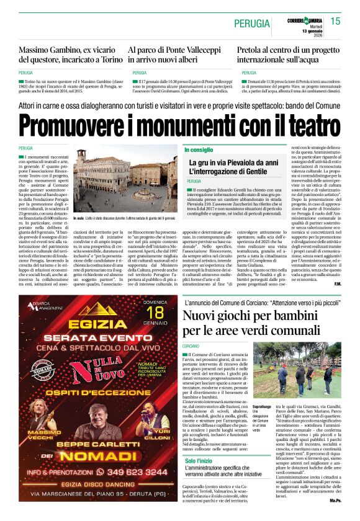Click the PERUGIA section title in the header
(251, 23)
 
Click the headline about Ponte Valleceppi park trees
(176, 55)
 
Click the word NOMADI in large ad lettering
(92, 455)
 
